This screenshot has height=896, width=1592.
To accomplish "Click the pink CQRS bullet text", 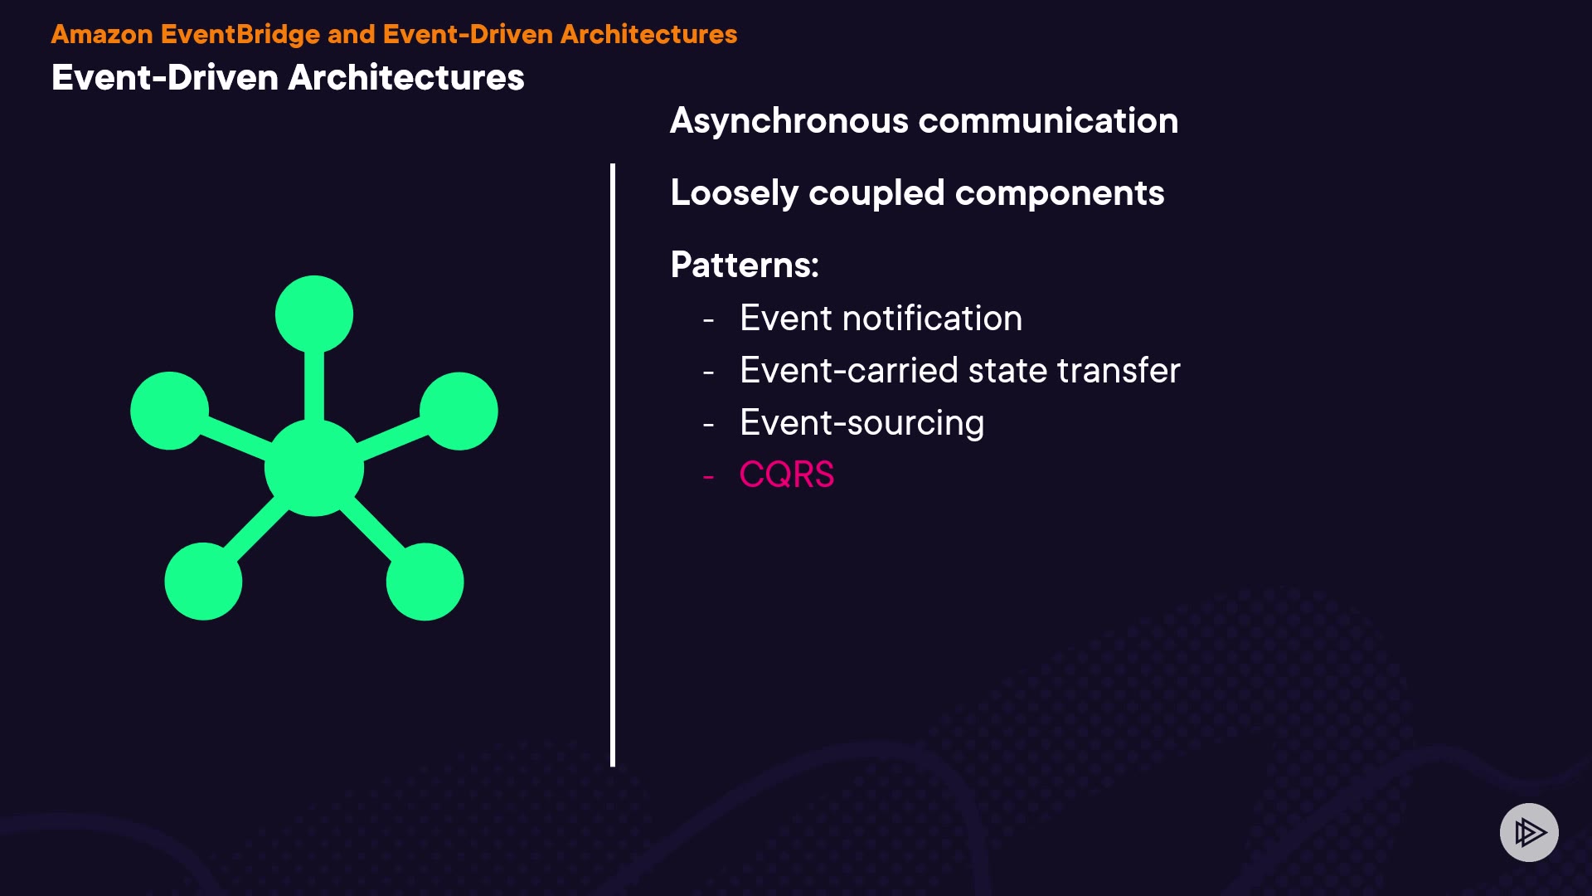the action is [786, 475].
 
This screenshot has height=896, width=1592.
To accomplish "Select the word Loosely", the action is [734, 194].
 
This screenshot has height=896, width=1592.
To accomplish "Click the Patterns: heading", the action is [745, 265].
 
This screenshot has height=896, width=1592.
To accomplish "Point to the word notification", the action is [933, 319].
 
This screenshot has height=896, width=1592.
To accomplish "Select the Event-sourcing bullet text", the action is [862, 424].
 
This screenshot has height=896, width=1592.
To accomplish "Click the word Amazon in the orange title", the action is [102, 34].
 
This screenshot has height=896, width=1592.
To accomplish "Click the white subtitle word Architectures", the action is [406, 78].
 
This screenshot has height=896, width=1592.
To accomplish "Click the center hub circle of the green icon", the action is [314, 468].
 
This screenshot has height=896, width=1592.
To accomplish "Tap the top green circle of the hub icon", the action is [314, 314].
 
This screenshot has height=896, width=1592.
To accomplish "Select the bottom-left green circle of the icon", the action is [203, 582].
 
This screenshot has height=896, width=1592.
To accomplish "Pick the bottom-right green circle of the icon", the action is [425, 582].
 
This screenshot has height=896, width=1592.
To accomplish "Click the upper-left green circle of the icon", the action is [169, 411].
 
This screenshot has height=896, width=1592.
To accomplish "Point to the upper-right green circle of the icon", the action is [459, 411].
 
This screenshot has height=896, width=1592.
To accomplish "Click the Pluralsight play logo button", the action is [1529, 832].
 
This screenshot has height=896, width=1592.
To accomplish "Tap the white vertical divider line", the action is [613, 465].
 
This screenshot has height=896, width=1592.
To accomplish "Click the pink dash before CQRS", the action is [708, 477].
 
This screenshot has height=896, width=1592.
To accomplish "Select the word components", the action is [1060, 194].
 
